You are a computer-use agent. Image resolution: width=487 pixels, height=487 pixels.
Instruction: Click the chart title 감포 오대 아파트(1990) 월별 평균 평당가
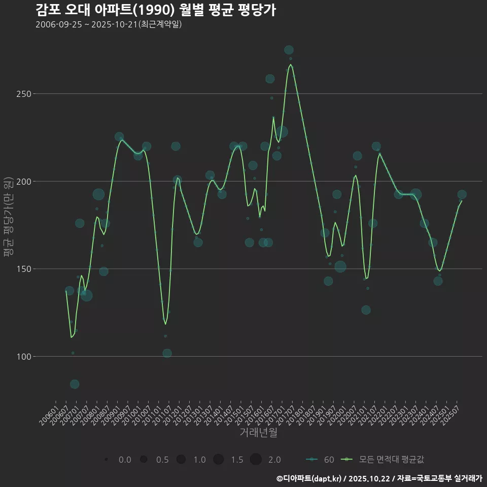point(156,10)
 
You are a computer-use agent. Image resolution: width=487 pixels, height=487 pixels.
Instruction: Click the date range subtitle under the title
point(109,25)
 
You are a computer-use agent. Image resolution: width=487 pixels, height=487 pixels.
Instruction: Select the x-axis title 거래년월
point(258,433)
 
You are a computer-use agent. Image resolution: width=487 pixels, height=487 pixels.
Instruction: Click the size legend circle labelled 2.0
point(256,460)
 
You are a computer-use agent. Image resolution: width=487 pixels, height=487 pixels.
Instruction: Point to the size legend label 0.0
point(125,460)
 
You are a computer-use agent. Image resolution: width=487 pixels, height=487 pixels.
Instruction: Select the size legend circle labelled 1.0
point(181,460)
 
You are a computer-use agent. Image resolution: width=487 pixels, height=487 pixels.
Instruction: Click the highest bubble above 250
point(289,50)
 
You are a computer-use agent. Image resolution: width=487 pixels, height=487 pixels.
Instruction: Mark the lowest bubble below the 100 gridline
point(75,384)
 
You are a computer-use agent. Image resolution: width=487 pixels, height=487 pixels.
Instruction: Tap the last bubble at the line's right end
point(462,194)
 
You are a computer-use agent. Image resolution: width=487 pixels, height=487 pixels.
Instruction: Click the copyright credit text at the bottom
point(379,478)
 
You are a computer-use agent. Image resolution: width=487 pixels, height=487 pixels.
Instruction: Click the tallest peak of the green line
point(290,64)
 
